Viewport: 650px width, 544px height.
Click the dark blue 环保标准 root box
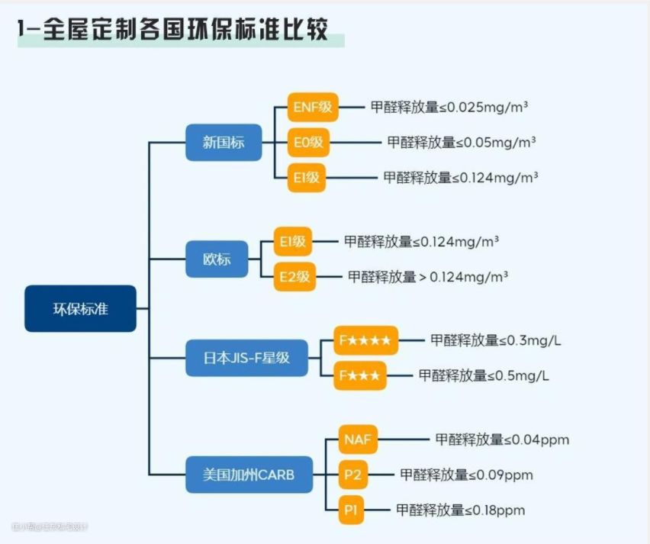tap(80, 308)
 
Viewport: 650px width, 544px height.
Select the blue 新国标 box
tap(224, 142)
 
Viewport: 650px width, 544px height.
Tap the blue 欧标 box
tap(217, 259)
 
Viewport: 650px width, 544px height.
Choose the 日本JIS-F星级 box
tap(247, 357)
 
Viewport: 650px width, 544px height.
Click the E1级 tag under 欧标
tap(293, 242)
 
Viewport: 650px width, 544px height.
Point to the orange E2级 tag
tap(294, 277)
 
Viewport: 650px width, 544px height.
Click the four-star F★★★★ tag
tap(365, 340)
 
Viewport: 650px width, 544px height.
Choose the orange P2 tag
tap(352, 475)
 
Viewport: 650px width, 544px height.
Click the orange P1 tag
tap(351, 510)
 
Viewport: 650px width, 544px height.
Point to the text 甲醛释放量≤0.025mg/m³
tap(449, 108)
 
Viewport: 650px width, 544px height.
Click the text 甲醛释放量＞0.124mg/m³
tap(428, 277)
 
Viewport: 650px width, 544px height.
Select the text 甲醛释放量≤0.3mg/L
tap(496, 340)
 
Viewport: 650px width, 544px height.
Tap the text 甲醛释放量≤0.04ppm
tap(502, 439)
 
